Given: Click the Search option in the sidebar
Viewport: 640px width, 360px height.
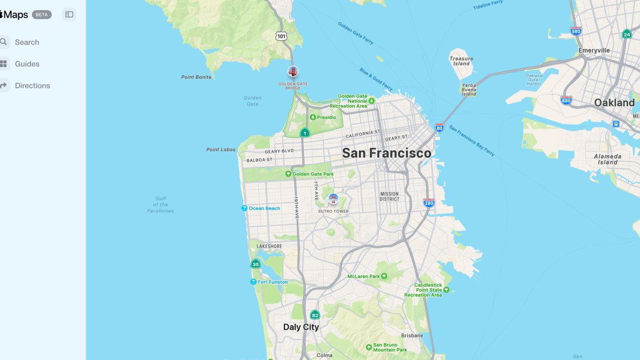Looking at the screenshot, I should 26,42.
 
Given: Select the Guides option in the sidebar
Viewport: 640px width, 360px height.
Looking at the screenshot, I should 27,64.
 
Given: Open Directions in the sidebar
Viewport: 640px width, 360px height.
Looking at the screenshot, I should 32,86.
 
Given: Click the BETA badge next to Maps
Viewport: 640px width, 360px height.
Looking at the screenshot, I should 42,14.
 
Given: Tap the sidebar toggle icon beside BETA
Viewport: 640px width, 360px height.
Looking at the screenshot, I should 69,14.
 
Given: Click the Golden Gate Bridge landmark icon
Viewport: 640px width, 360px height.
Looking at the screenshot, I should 293,71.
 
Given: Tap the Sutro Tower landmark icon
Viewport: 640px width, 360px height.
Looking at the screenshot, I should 333,198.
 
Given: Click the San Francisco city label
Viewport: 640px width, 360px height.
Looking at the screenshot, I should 387,153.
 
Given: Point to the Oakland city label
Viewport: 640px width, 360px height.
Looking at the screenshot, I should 614,103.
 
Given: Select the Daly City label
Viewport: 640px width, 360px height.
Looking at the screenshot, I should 301,327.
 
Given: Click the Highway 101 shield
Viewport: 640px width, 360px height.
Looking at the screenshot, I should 281,36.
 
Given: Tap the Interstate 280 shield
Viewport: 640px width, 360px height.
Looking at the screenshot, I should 428,203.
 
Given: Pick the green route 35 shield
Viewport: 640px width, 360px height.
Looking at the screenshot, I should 256,264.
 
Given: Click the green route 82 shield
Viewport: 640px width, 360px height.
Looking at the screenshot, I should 315,315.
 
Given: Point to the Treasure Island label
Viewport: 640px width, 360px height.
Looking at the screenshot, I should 461,61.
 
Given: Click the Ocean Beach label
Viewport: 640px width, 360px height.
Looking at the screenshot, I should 264,208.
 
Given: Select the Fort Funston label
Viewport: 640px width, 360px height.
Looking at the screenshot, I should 272,282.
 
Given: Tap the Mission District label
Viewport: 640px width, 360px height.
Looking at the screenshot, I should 389,196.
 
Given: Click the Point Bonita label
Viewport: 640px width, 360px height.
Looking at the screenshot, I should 196,77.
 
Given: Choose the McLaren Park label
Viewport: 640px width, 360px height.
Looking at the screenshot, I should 363,276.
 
